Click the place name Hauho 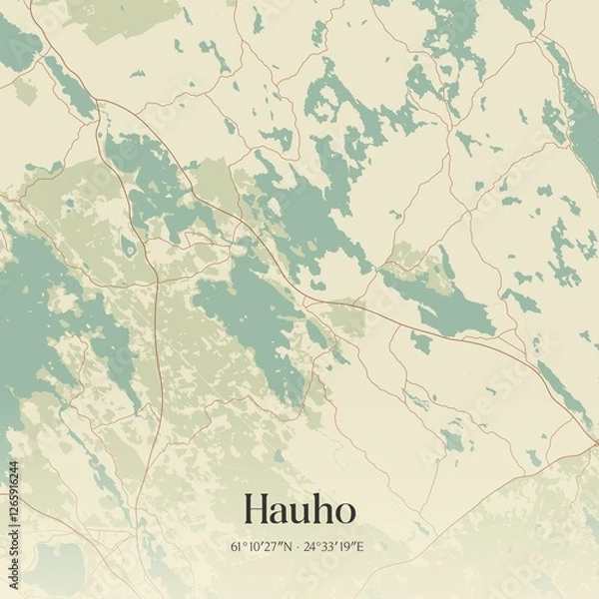point(298,510)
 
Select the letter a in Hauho point(278,513)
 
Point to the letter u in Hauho point(298,513)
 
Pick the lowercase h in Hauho point(319,510)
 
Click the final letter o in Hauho point(342,513)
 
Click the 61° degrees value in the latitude point(237,546)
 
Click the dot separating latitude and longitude point(298,547)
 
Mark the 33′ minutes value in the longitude point(329,546)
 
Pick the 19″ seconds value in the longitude point(347,546)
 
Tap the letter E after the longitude point(360,546)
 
